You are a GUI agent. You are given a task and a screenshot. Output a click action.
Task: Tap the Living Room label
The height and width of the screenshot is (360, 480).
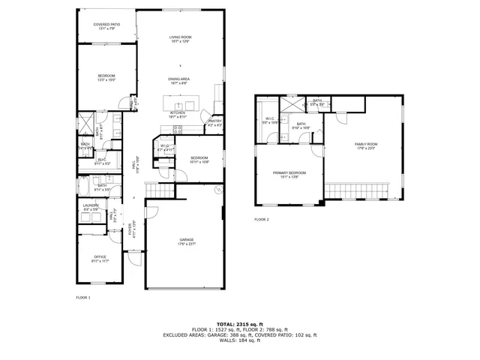[x=180, y=37]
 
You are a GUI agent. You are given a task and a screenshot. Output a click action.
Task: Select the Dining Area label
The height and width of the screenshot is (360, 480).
[x=178, y=78]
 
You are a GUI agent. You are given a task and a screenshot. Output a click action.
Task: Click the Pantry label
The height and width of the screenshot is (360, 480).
[x=215, y=121]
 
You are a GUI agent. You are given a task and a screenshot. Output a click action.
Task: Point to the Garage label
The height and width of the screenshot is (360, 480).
[x=187, y=239]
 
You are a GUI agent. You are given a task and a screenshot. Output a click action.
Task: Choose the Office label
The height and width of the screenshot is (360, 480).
[x=100, y=257]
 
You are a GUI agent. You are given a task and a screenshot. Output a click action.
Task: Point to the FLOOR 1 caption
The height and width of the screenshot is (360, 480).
[x=83, y=298]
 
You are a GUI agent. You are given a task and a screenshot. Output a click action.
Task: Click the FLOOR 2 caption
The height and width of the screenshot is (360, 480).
[x=261, y=220]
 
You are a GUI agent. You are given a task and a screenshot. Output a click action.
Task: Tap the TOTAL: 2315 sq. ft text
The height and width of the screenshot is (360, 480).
[x=239, y=324]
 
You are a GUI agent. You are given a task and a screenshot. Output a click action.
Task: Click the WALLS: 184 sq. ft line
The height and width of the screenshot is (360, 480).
[x=239, y=343]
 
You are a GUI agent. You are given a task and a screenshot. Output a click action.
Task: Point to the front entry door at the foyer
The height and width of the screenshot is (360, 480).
[x=135, y=259]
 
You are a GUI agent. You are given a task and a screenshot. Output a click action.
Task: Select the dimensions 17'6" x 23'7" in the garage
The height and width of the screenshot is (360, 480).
[x=187, y=244]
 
